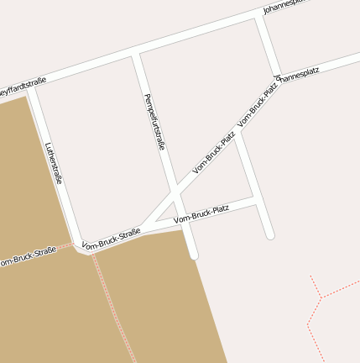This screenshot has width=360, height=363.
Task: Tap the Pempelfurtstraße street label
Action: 154,122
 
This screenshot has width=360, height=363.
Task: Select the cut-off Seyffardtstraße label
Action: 23,85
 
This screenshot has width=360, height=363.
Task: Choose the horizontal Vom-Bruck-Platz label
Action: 201,213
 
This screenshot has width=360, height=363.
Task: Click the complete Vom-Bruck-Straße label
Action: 112,240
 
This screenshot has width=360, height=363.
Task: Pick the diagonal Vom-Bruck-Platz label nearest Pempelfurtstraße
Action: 214,152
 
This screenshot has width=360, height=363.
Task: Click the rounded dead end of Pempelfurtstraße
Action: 193,254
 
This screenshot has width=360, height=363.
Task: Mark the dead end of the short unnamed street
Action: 269,235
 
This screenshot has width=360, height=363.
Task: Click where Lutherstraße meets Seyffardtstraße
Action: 31,89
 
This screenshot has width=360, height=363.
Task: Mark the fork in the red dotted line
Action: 321,297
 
